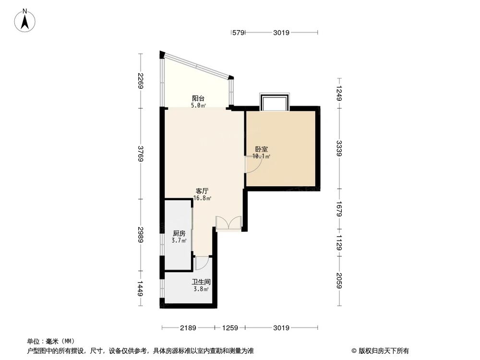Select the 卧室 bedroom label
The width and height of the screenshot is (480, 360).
(262, 149)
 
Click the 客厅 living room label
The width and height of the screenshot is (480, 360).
(203, 191)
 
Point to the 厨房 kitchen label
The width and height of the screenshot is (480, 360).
(179, 234)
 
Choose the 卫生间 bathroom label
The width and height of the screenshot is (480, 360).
(202, 283)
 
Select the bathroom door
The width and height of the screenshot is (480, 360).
(202, 263)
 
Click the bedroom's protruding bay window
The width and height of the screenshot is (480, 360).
(274, 102)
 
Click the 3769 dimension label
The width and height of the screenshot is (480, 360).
(140, 154)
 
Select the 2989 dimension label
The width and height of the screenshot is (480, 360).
(140, 235)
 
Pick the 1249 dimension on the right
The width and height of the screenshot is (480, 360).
(339, 93)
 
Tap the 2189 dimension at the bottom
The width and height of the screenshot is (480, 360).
(188, 328)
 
